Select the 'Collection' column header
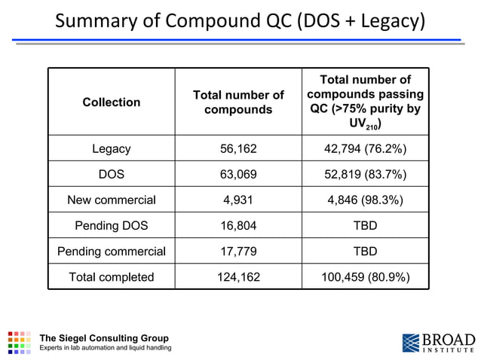click(x=111, y=102)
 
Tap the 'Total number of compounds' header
click(x=238, y=102)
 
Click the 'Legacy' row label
click(x=111, y=149)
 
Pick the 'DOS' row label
click(x=111, y=175)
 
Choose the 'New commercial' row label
click(x=111, y=200)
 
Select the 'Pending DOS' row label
click(x=111, y=226)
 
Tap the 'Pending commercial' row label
click(x=111, y=252)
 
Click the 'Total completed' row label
click(x=111, y=277)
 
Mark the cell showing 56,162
click(x=238, y=149)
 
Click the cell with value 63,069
click(x=238, y=175)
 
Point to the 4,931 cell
click(x=238, y=200)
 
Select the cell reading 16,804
click(x=238, y=226)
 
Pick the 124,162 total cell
click(x=238, y=277)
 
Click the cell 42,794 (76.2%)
click(x=366, y=149)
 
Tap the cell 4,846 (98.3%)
click(x=366, y=200)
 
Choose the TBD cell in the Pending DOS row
click(x=366, y=226)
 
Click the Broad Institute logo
click(x=438, y=342)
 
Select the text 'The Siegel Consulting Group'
click(x=104, y=337)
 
